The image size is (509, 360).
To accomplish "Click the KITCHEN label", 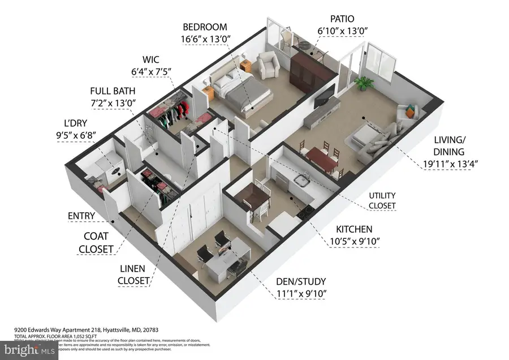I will [x=354, y=229].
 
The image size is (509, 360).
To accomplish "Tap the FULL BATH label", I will [x=113, y=91].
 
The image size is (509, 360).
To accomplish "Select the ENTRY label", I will [x=81, y=216].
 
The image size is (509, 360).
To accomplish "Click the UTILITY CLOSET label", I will [x=382, y=199].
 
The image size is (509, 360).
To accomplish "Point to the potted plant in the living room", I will [x=363, y=83].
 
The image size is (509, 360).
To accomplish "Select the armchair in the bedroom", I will [x=267, y=65].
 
